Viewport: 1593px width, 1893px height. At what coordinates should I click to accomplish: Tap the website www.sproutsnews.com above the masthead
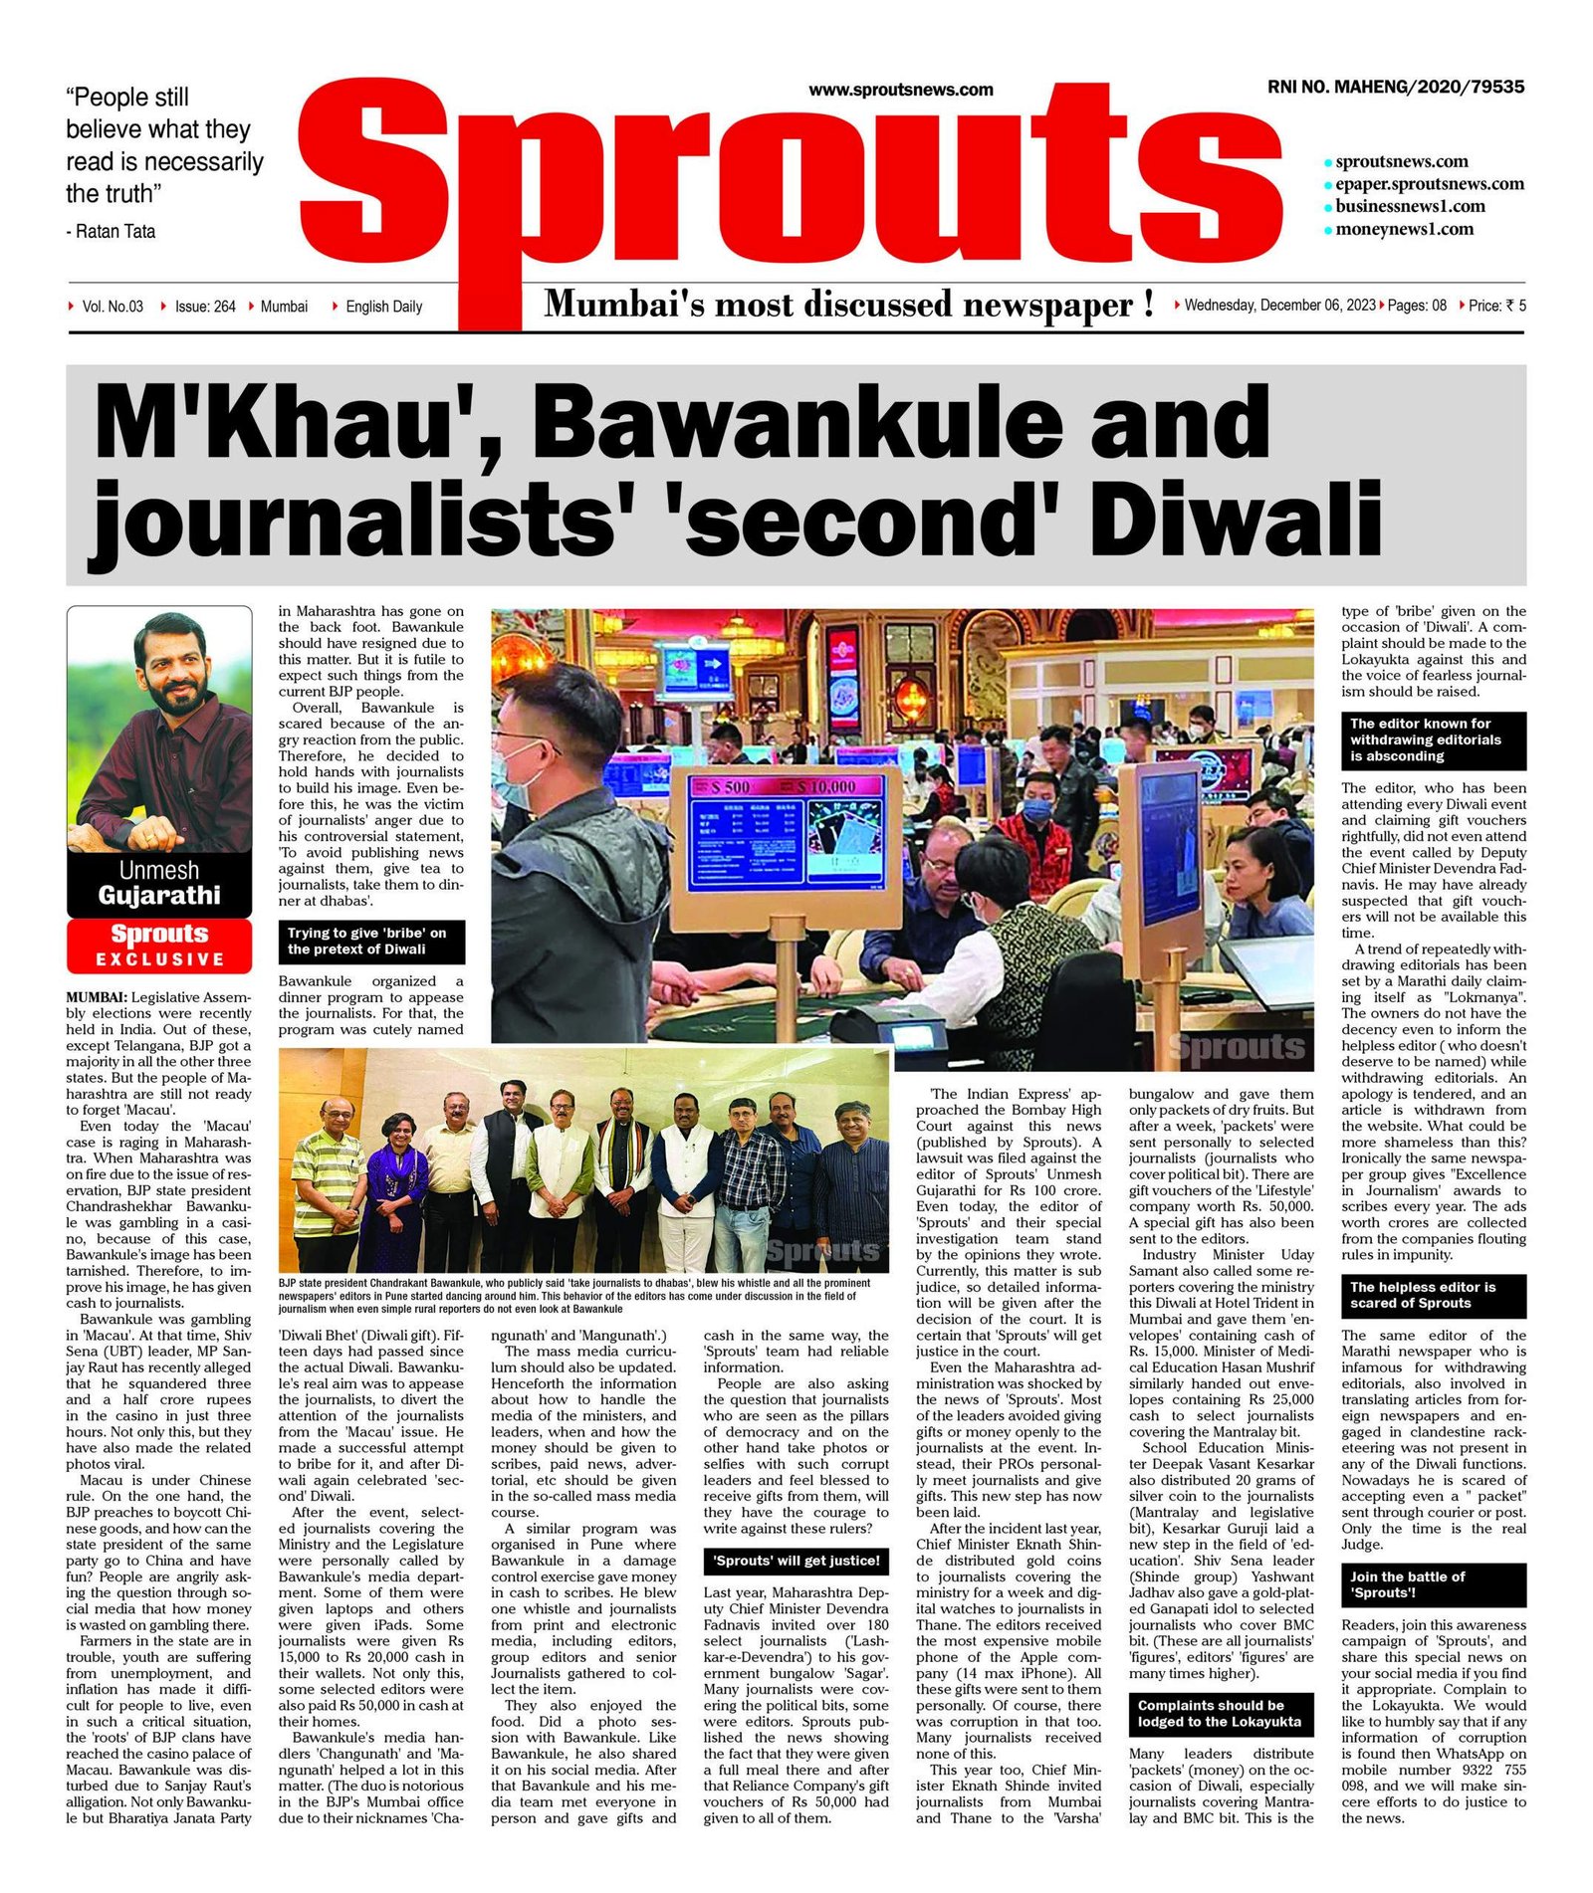pyautogui.click(x=900, y=90)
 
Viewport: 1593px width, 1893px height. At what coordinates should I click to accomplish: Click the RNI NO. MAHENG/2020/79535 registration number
pyautogui.click(x=1395, y=88)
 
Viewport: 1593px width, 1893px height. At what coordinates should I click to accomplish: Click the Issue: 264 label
pyautogui.click(x=205, y=307)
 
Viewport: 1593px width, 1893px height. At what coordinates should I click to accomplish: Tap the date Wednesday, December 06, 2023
pyautogui.click(x=1279, y=306)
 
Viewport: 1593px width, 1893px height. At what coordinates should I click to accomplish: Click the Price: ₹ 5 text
pyautogui.click(x=1496, y=306)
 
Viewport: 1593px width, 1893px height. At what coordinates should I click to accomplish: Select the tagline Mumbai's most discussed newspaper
pyautogui.click(x=848, y=304)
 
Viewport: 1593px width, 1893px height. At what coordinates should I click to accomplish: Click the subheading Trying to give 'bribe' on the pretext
pyautogui.click(x=371, y=942)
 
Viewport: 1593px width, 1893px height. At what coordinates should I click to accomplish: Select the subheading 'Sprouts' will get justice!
pyautogui.click(x=796, y=1561)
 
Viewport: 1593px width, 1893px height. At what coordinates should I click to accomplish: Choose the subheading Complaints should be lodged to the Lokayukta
pyautogui.click(x=1221, y=1713)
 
